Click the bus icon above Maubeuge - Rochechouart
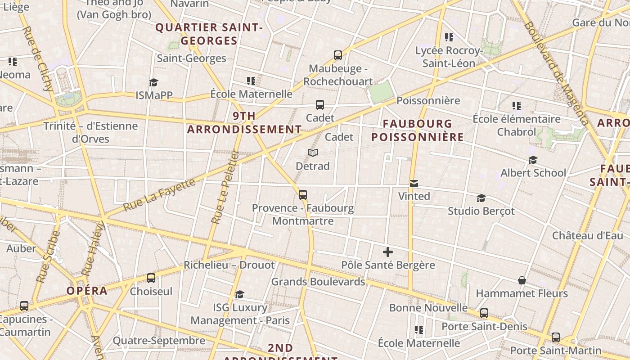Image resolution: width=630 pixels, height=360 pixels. (x=338, y=55)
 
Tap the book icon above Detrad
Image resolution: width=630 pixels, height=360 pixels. (x=313, y=153)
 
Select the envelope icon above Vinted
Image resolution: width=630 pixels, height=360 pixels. (x=414, y=183)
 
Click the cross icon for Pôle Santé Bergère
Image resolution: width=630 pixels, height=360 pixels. (x=387, y=252)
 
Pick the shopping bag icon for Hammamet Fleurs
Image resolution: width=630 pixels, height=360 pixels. (x=522, y=280)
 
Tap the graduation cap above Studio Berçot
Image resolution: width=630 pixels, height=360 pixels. (x=481, y=198)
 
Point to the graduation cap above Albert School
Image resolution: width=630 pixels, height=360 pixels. (x=533, y=160)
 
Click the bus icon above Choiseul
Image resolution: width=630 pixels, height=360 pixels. (x=151, y=278)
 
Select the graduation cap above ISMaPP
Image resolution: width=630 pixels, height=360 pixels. (x=154, y=82)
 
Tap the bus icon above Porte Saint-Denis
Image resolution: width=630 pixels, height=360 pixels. (x=484, y=313)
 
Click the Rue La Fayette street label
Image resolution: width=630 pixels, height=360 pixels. (x=159, y=195)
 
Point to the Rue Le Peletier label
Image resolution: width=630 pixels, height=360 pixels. (x=225, y=187)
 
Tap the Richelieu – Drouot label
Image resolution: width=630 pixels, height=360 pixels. (x=229, y=265)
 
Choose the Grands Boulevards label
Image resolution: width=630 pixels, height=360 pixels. (x=318, y=282)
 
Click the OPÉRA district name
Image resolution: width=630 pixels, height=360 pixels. (x=87, y=291)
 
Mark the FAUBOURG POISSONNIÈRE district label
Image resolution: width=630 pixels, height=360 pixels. (x=418, y=130)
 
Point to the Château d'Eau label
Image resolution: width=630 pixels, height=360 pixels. (x=588, y=235)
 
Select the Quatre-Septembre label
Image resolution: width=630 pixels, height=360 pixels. (x=159, y=341)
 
